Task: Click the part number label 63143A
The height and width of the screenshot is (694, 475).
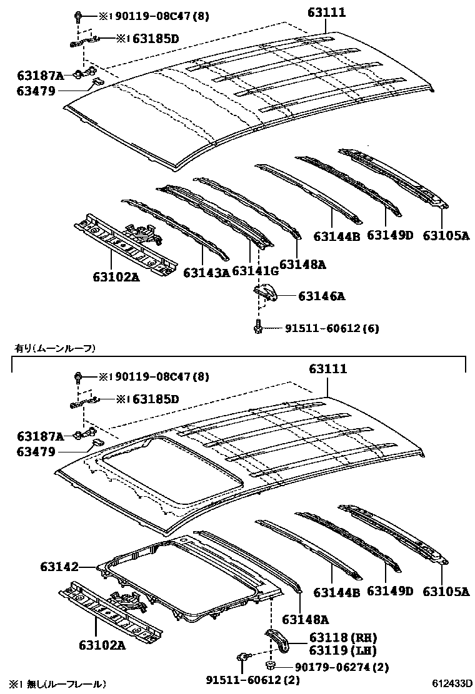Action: [x=206, y=272]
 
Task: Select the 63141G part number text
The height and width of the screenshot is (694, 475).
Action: [x=255, y=270]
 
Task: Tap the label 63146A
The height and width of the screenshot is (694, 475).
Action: [x=321, y=296]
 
